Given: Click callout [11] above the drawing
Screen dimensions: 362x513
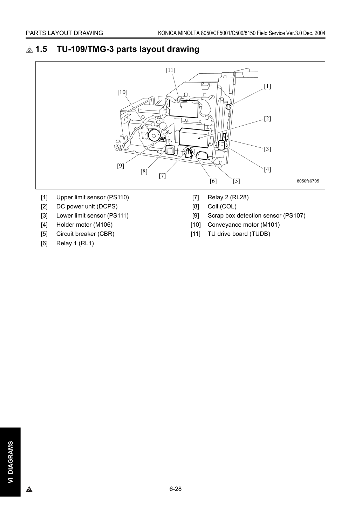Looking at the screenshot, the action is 170,70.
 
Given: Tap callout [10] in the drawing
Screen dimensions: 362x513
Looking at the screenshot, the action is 122,92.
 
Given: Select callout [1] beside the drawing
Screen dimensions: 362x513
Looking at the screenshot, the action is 267,86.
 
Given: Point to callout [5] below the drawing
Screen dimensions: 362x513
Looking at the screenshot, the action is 237,181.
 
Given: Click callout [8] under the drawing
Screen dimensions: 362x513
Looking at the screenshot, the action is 144,171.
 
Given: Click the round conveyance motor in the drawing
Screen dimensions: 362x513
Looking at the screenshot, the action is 153,135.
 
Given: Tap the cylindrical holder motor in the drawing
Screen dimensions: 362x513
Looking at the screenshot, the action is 221,145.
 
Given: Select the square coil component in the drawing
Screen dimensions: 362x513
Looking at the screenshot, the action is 170,150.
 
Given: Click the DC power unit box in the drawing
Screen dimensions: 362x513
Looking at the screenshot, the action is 194,138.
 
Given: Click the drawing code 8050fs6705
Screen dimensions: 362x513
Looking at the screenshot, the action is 308,181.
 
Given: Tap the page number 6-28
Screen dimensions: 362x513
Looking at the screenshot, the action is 176,489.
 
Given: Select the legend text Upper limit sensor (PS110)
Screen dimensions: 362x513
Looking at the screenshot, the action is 93,197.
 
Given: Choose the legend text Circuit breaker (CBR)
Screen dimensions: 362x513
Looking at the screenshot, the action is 85,234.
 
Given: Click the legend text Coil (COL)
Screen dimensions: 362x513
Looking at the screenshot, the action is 222,206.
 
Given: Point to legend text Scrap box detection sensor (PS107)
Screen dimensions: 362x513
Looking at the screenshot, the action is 257,215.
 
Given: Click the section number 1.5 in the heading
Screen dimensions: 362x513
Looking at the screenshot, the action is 41,49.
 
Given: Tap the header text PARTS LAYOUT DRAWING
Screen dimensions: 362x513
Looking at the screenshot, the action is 64,33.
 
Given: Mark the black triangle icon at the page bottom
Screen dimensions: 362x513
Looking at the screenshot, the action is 29,489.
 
